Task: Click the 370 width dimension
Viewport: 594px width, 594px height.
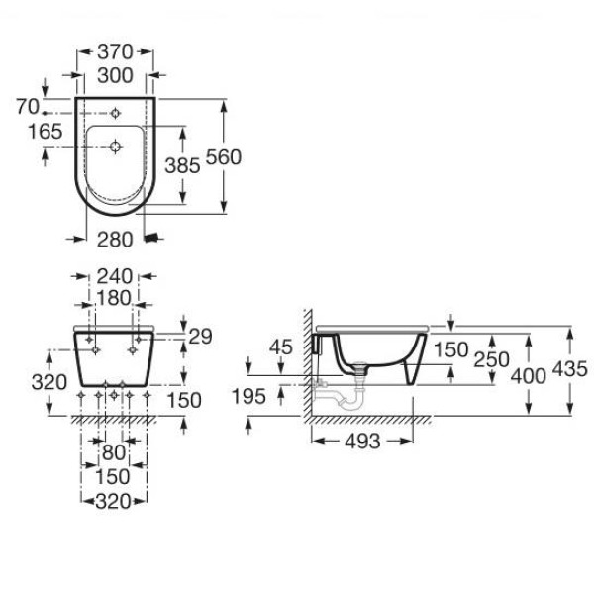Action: click(115, 51)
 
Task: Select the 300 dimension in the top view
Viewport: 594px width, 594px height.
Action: click(115, 75)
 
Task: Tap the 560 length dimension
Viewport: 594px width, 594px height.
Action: click(224, 157)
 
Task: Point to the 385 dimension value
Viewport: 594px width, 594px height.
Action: click(182, 165)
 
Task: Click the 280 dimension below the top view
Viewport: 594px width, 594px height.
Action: click(115, 240)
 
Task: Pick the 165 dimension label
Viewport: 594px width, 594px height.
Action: click(46, 132)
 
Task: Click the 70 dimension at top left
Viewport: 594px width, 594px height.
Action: click(28, 106)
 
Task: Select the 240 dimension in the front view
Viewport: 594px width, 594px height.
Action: click(115, 276)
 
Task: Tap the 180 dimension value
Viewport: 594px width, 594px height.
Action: click(114, 298)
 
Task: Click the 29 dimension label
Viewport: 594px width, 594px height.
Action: click(200, 337)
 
